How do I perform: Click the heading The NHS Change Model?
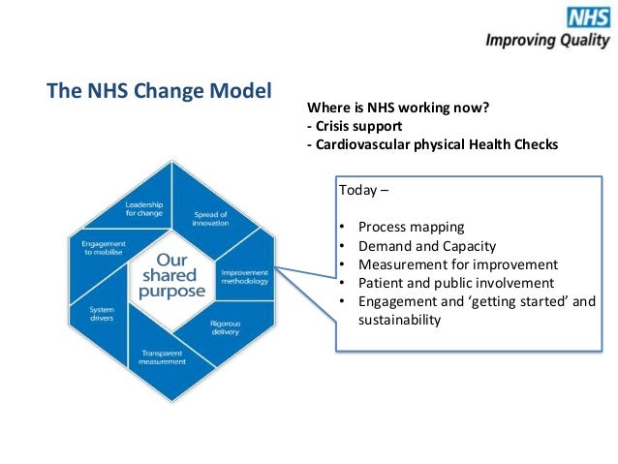[x=160, y=92]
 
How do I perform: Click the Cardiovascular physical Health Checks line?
[x=432, y=145]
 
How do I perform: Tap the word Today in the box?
[x=355, y=190]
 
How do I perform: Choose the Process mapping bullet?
[x=411, y=227]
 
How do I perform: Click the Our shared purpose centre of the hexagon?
[x=172, y=275]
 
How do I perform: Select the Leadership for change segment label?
[x=143, y=208]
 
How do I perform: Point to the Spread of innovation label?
[x=211, y=217]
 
